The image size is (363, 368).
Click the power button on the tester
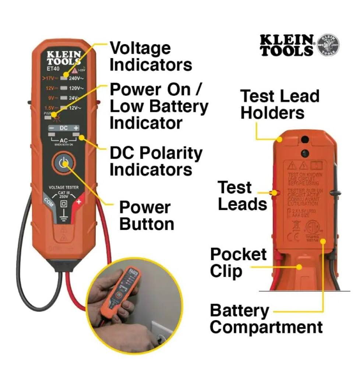[x=63, y=164]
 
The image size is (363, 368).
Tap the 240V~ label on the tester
[x=76, y=78]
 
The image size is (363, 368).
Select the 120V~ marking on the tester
[x=76, y=88]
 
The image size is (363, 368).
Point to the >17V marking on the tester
[x=49, y=78]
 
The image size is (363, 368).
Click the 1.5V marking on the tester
[x=49, y=108]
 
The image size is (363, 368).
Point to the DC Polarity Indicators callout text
[x=156, y=161]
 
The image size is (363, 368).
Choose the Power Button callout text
[x=146, y=216]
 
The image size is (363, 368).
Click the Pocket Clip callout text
[x=238, y=263]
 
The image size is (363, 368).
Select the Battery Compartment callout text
[x=266, y=319]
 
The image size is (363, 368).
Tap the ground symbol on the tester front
[x=63, y=216]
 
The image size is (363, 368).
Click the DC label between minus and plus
[x=63, y=128]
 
